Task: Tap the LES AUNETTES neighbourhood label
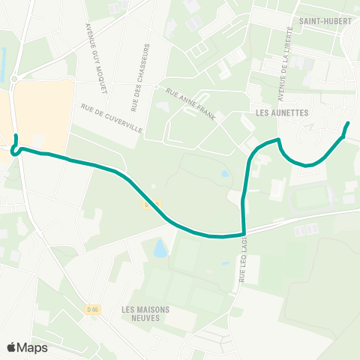pyautogui.click(x=282, y=112)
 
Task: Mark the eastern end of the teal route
pyautogui.click(x=348, y=123)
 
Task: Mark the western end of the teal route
pyautogui.click(x=16, y=136)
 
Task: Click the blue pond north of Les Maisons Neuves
pyautogui.click(x=160, y=248)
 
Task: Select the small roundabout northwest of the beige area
pyautogui.click(x=14, y=79)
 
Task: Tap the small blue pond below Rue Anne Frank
pyautogui.click(x=225, y=174)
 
